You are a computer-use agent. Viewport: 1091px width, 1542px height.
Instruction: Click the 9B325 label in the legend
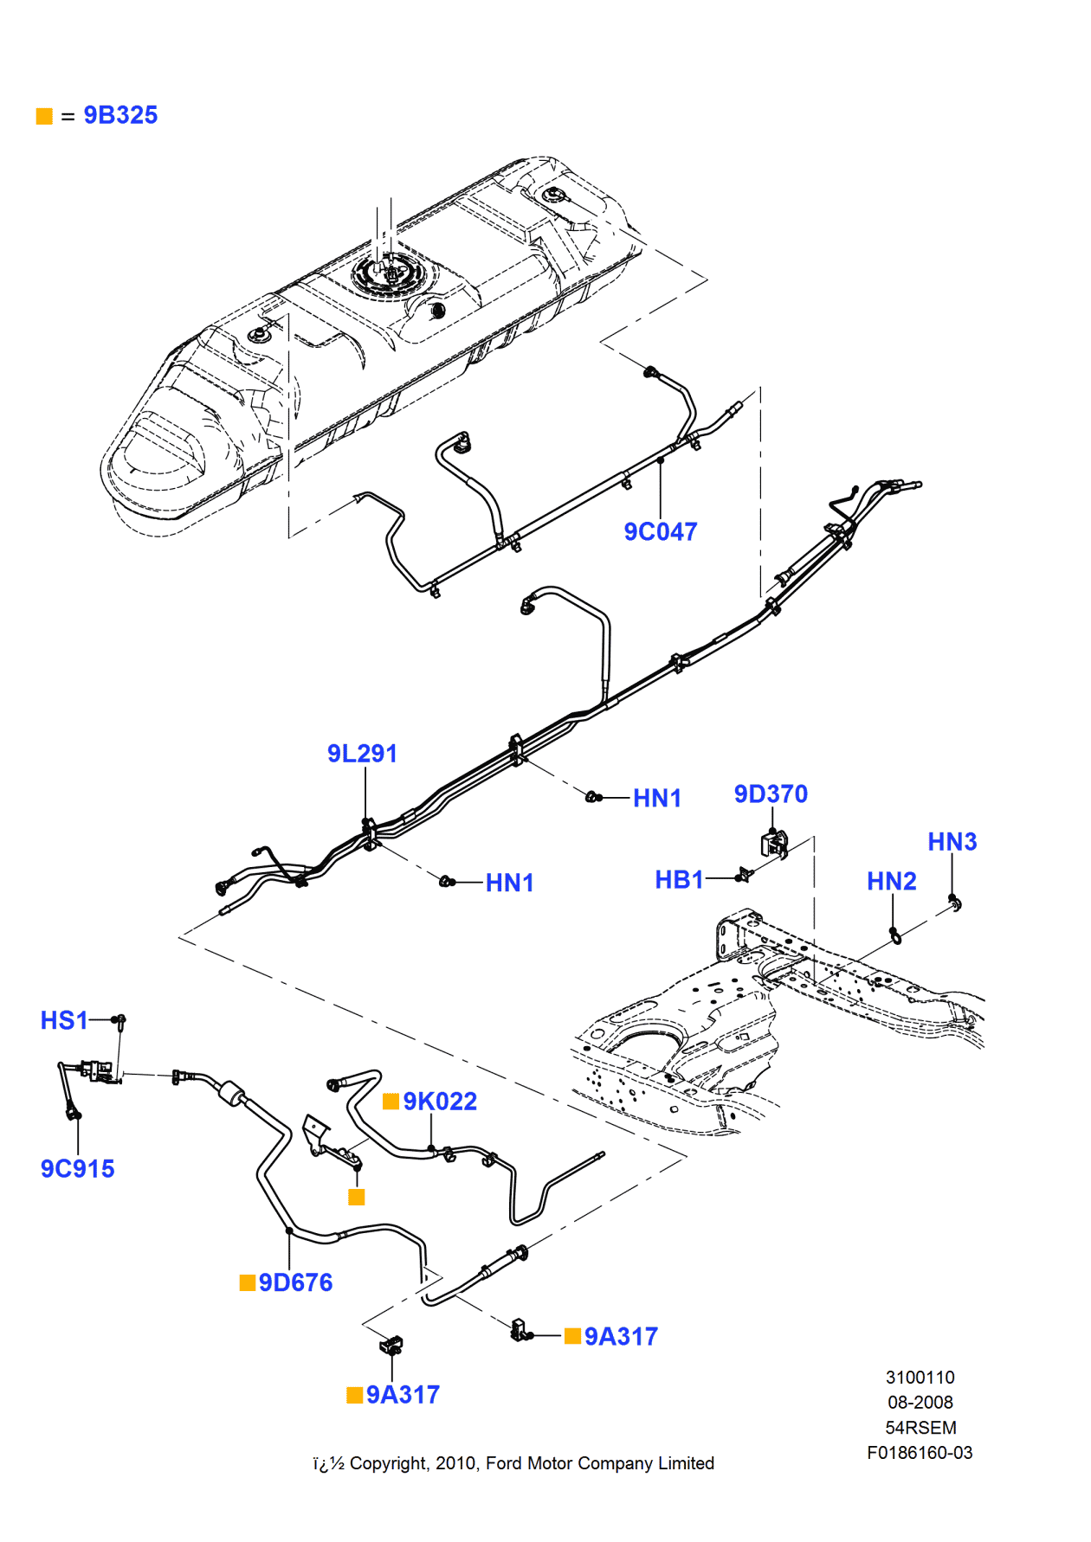click(120, 115)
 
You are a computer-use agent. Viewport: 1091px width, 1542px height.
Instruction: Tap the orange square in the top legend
click(44, 116)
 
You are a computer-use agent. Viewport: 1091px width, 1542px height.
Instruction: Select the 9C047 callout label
click(660, 531)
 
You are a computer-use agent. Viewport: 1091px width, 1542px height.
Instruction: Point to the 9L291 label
click(362, 754)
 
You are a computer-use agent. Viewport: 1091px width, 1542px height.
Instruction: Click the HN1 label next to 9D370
click(656, 798)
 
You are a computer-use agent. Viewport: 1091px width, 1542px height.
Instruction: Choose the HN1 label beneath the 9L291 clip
click(509, 883)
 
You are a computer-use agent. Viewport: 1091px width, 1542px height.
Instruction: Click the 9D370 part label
click(771, 793)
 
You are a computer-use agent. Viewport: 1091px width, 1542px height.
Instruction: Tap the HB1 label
click(679, 879)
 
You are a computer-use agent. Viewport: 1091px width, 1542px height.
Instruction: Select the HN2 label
click(891, 881)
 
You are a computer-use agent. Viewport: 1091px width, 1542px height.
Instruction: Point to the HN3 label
click(952, 842)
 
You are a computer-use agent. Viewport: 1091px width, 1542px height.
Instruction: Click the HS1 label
click(64, 1020)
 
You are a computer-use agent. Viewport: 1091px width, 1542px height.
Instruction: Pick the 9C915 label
click(77, 1169)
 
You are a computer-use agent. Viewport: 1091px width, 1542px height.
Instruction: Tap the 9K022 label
click(440, 1102)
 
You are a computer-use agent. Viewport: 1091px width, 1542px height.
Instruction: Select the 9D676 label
click(295, 1282)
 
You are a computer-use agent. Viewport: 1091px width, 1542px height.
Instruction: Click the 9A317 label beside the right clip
click(621, 1336)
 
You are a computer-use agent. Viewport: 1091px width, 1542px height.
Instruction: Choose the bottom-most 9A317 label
click(403, 1395)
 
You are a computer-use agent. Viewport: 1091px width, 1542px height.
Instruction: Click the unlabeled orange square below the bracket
click(356, 1197)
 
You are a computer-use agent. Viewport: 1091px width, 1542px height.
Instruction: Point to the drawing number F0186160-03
click(920, 1453)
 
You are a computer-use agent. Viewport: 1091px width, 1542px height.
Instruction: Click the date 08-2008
click(920, 1402)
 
